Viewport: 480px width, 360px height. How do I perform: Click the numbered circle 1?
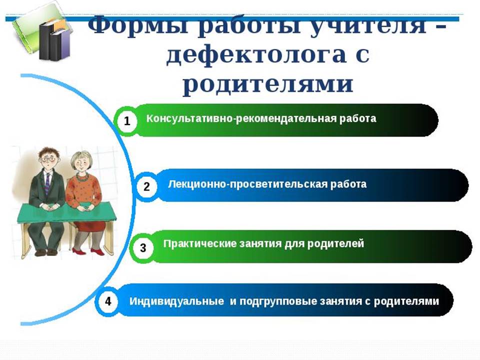[x=127, y=121]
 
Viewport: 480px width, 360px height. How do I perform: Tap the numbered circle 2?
[x=146, y=186]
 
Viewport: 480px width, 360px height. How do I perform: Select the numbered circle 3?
[x=142, y=247]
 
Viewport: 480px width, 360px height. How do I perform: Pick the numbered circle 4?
[x=108, y=301]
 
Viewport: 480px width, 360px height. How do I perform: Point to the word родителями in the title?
[x=268, y=83]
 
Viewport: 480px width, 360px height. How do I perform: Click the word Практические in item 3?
[x=200, y=243]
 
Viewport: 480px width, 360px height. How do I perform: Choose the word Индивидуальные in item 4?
[x=176, y=301]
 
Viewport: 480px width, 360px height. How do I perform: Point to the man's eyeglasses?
[x=48, y=159]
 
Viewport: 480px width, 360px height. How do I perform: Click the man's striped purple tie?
[x=47, y=183]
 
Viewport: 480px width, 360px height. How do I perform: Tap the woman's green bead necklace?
[x=81, y=178]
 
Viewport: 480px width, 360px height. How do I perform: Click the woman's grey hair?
[x=81, y=159]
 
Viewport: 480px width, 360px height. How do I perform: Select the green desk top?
[x=66, y=213]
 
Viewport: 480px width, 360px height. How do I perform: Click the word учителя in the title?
[x=367, y=25]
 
